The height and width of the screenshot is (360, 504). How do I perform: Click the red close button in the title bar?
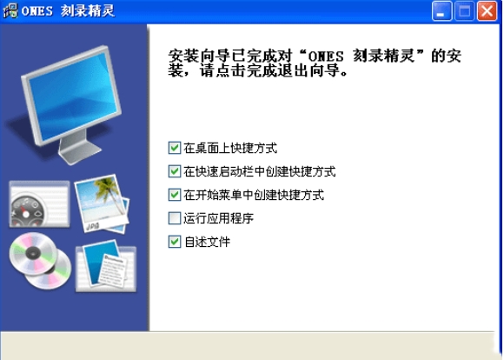point(487,11)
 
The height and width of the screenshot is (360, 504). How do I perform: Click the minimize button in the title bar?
point(441,11)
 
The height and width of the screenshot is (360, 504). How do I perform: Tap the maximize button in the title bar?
point(464,11)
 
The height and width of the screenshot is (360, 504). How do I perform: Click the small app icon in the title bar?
point(10,10)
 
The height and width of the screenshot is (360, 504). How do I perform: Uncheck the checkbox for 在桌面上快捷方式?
point(175,148)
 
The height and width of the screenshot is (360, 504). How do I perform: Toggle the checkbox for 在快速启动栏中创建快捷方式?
point(175,171)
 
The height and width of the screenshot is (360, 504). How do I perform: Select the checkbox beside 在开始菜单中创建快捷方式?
point(175,195)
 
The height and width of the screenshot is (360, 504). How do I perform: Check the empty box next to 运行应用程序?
point(175,218)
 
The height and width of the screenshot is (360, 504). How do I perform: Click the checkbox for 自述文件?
point(175,242)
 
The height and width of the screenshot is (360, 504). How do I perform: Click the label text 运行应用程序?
point(219,218)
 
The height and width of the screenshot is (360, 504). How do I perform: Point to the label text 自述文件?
point(207,242)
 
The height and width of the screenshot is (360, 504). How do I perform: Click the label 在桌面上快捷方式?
point(230,149)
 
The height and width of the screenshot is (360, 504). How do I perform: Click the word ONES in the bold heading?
point(326,57)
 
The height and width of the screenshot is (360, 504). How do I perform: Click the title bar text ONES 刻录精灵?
point(68,11)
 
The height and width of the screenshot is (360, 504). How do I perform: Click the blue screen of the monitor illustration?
point(73,97)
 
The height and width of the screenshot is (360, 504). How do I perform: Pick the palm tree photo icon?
point(103,203)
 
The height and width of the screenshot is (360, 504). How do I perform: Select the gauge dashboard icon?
point(39,204)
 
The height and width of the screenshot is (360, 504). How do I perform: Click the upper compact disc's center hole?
point(33,253)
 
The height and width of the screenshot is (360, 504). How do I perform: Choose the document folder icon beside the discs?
point(106,266)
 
